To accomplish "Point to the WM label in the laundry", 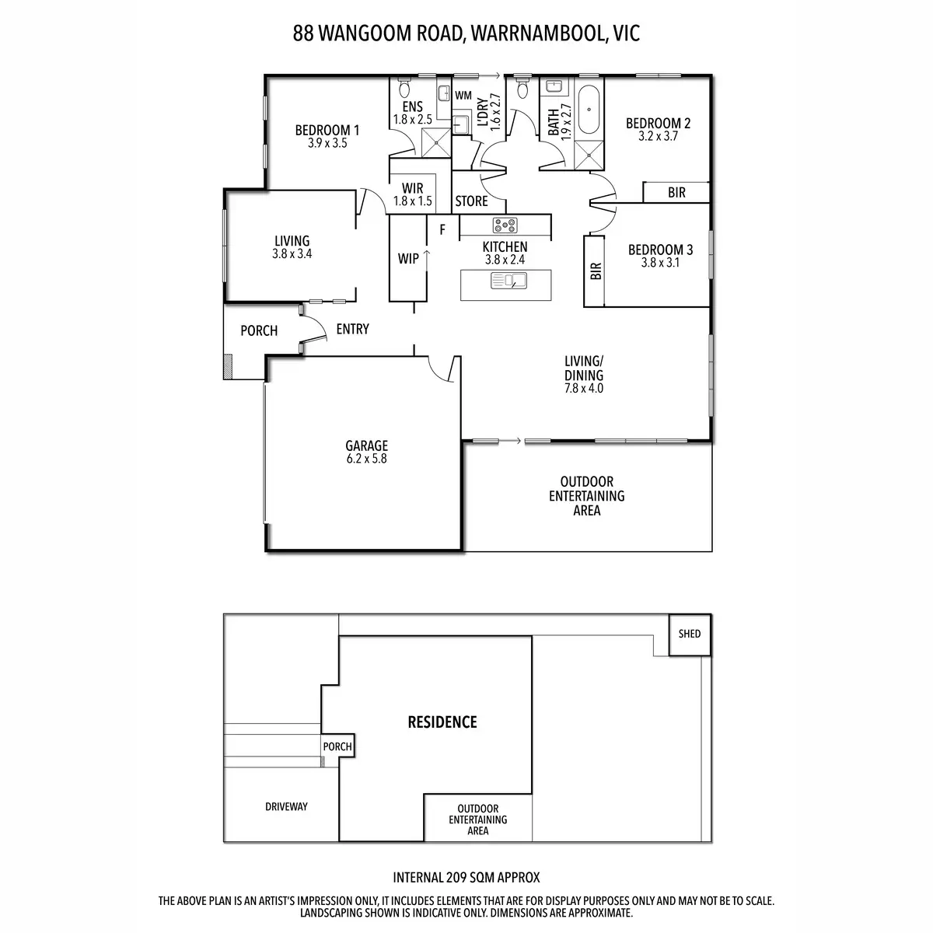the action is [463, 96].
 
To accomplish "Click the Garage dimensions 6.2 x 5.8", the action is [366, 459].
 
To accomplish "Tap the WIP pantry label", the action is [408, 259].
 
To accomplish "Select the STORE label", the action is [471, 201].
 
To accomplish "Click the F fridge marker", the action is [442, 229].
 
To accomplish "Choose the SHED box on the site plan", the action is [690, 634].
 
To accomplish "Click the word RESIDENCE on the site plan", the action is [442, 722].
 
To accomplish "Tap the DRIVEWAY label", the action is [286, 806].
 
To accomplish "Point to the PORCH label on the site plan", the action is [337, 746].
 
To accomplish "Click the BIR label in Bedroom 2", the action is [676, 192].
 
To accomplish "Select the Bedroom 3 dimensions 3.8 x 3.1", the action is [660, 263].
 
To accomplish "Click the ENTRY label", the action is [352, 329].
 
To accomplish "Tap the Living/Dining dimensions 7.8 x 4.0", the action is [584, 388].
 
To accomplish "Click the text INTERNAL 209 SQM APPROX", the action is [466, 878].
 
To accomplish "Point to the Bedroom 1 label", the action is [327, 130].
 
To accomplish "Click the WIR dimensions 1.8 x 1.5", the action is [412, 201].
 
